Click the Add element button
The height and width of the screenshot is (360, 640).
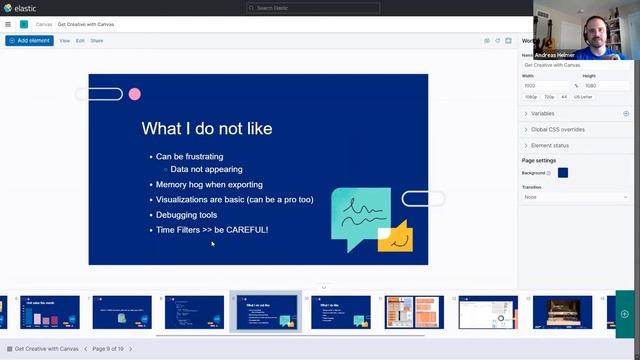29,41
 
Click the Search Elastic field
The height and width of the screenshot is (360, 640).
319,8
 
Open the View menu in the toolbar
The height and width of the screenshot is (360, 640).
64,41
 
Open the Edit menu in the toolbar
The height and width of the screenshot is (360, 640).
80,41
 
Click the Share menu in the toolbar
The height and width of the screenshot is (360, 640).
96,41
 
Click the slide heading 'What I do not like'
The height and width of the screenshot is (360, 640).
206,128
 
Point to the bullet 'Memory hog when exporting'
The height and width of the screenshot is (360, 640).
209,185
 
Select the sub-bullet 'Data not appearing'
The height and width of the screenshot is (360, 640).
206,170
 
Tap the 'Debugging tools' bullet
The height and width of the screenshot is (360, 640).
186,215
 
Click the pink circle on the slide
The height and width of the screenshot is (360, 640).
134,94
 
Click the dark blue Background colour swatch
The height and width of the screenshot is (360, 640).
563,173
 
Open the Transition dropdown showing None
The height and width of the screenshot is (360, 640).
575,197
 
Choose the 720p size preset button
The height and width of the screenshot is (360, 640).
549,97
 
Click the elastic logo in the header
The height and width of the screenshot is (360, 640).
19,8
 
